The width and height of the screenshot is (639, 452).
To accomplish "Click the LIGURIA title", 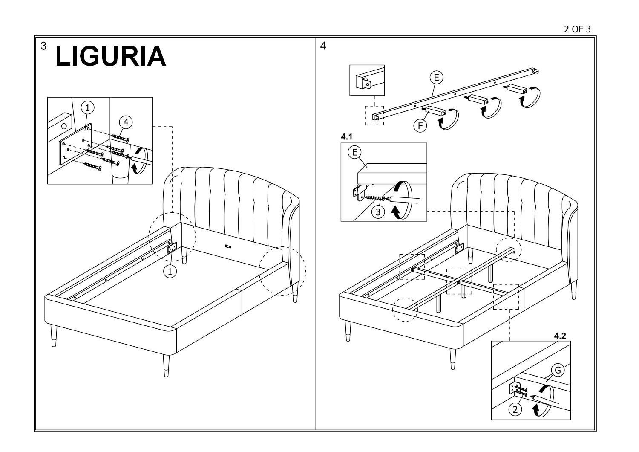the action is pyautogui.click(x=111, y=56).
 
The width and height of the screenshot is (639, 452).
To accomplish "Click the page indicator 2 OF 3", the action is pyautogui.click(x=577, y=29).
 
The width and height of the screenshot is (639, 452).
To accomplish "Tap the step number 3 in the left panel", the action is pyautogui.click(x=43, y=46).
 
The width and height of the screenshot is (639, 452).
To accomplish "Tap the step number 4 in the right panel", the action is pyautogui.click(x=323, y=46).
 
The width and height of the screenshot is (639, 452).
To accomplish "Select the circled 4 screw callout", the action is pyautogui.click(x=126, y=122).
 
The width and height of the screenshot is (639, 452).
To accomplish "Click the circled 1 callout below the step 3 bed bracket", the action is pyautogui.click(x=170, y=272).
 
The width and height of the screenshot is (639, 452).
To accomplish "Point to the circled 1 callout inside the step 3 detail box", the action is pyautogui.click(x=88, y=107).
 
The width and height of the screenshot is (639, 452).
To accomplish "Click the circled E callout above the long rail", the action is pyautogui.click(x=437, y=77).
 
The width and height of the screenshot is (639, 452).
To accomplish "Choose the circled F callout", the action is pyautogui.click(x=420, y=126).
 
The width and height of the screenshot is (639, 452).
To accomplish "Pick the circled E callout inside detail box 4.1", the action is pyautogui.click(x=354, y=152).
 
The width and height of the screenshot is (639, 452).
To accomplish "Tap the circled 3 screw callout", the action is pyautogui.click(x=378, y=212).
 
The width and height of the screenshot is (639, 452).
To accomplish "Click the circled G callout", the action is pyautogui.click(x=558, y=370).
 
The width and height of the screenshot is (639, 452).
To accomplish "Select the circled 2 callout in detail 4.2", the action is pyautogui.click(x=515, y=410).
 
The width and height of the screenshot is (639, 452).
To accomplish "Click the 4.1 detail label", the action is pyautogui.click(x=347, y=137).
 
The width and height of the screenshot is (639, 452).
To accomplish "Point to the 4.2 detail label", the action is pyautogui.click(x=560, y=336).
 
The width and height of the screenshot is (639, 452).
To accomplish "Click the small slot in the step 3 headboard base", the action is pyautogui.click(x=228, y=246).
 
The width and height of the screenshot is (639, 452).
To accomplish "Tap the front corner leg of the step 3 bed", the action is pyautogui.click(x=166, y=366).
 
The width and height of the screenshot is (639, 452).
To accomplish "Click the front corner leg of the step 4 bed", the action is pyautogui.click(x=453, y=359).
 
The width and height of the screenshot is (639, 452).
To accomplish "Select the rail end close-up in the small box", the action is pyautogui.click(x=367, y=80).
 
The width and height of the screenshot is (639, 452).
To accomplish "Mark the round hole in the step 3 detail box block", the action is pyautogui.click(x=64, y=126).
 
